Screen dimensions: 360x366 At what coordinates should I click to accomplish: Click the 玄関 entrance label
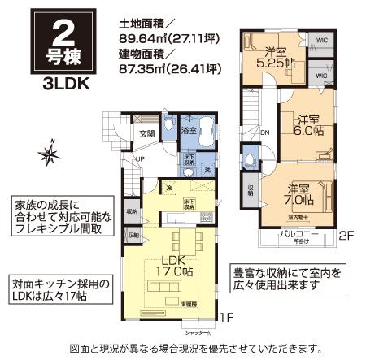pos(147,134)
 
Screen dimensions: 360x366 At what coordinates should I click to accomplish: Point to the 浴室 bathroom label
pos(188,129)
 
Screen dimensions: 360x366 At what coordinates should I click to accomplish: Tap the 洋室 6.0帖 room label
pos(308,124)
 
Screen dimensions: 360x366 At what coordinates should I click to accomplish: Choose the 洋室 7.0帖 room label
pos(299,193)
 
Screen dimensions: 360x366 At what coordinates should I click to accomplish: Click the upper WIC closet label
pos(320,39)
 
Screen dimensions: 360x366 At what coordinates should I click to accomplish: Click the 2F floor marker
pos(346,236)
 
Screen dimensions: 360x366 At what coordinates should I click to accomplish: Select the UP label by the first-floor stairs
pos(140,158)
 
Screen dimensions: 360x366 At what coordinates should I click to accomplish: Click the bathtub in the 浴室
pos(204,130)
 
